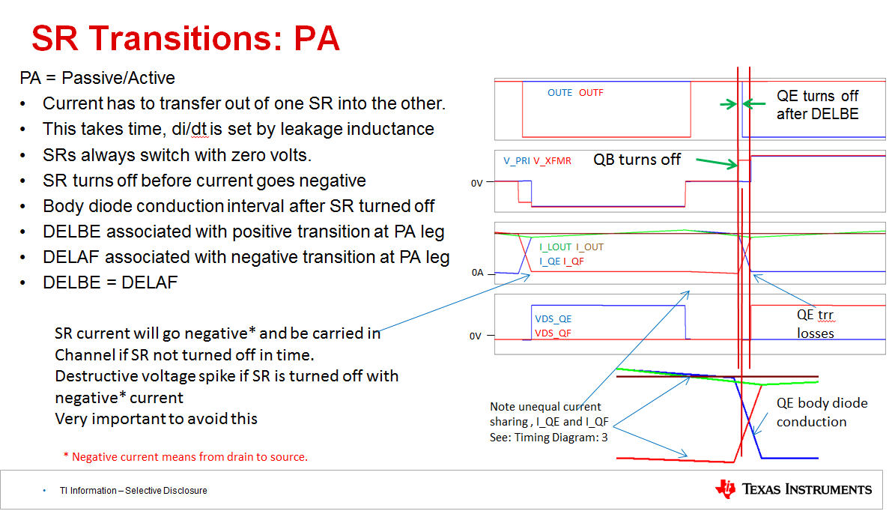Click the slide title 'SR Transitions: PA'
click(x=186, y=39)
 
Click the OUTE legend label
click(x=559, y=93)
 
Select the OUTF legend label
click(x=591, y=93)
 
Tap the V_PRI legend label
click(x=517, y=161)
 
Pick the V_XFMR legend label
click(x=552, y=161)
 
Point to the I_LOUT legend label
click(x=555, y=247)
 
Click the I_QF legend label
click(x=574, y=261)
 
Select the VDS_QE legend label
click(x=553, y=318)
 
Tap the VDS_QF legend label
click(x=553, y=333)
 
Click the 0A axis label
click(x=477, y=273)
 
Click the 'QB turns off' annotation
click(x=637, y=160)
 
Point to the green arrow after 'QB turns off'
click(x=717, y=163)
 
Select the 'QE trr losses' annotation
click(x=815, y=324)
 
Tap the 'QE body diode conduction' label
click(x=822, y=412)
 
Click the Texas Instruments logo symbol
click(x=725, y=489)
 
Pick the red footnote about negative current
click(x=186, y=456)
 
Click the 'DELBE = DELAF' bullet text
click(x=110, y=282)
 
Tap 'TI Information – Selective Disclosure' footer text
click(x=133, y=491)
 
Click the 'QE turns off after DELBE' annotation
click(x=817, y=105)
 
